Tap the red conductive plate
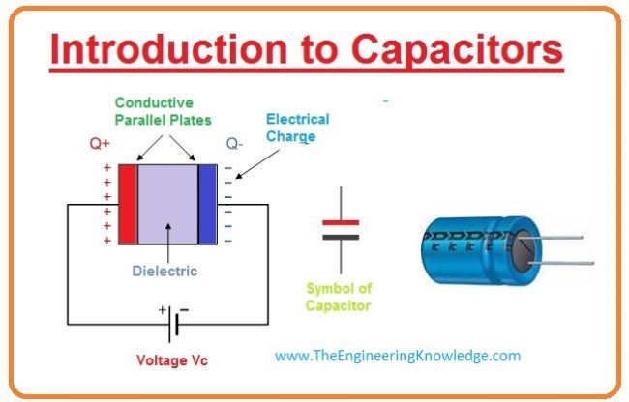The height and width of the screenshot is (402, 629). (x=127, y=204)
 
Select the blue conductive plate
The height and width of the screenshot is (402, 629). (x=207, y=204)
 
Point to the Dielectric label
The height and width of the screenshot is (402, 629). (x=165, y=272)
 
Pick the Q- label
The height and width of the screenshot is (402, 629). (x=236, y=145)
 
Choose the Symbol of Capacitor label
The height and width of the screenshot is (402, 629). (x=339, y=297)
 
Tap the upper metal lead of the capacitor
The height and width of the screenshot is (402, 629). (x=561, y=238)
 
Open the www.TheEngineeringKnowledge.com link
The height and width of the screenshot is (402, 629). (x=398, y=356)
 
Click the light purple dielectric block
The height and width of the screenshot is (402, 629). (x=166, y=204)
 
